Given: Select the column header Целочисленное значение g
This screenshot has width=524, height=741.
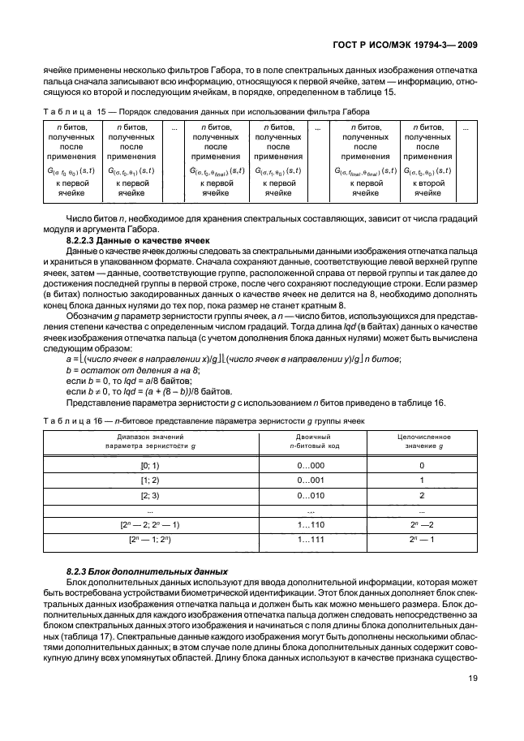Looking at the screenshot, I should pyautogui.click(x=422, y=441).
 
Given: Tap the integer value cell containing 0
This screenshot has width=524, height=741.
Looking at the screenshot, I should pyautogui.click(x=422, y=466).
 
